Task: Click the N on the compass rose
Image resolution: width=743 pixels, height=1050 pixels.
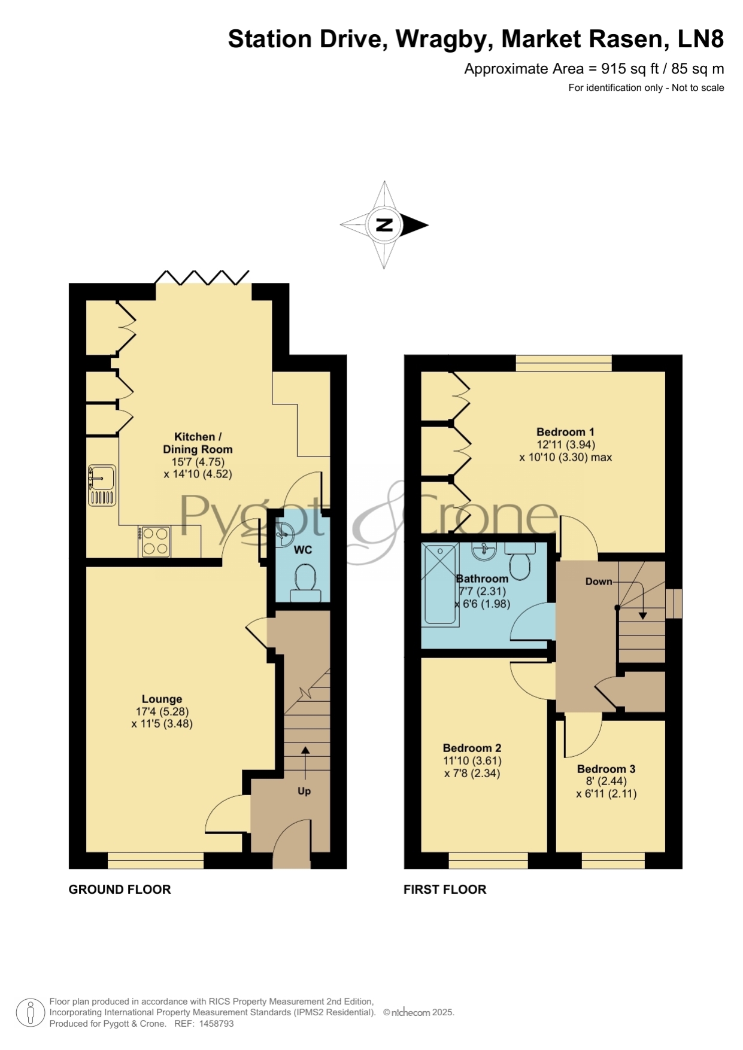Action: point(384,225)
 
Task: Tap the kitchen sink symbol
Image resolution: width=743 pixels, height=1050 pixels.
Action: point(102,485)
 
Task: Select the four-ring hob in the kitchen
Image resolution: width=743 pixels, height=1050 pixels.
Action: point(155,541)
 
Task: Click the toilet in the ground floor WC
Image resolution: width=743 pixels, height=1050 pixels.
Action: point(305,583)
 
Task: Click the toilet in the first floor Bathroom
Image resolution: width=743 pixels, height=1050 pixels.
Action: point(520,561)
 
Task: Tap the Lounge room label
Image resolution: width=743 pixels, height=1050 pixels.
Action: point(162,699)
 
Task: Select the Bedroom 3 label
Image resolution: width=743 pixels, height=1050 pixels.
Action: point(606,769)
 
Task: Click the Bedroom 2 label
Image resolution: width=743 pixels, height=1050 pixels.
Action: point(472,748)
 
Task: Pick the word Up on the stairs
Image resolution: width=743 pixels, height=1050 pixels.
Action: point(304,791)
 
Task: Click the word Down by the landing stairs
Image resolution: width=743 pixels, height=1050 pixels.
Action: point(599,582)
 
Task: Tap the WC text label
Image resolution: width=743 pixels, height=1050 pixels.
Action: point(303,550)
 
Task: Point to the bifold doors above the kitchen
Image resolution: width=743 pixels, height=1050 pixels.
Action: point(202,278)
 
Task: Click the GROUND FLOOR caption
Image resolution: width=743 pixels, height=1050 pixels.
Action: point(120,890)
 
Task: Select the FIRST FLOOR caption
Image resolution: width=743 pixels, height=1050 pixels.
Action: point(445,890)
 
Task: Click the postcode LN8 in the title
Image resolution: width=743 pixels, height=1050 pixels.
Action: point(700,39)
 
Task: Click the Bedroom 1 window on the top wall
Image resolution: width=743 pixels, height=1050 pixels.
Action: point(564,363)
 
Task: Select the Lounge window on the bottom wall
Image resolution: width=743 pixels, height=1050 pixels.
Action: point(156,860)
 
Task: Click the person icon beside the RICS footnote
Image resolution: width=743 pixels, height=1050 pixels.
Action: point(30,1012)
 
